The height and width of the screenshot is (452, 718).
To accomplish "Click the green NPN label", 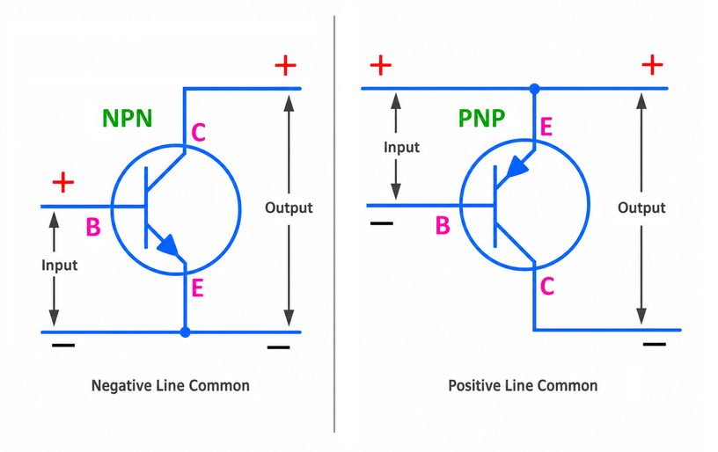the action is tap(127, 118).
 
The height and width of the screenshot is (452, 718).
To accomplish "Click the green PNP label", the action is tap(481, 118).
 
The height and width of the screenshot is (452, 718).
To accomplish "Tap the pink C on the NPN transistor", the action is tap(198, 133).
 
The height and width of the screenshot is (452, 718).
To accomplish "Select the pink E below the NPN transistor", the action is tap(197, 288).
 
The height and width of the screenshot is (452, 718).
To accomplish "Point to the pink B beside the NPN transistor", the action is tap(93, 227).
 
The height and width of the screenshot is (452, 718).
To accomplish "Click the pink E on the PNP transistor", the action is tap(546, 127).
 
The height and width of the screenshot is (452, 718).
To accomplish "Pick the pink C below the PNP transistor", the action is tap(547, 287).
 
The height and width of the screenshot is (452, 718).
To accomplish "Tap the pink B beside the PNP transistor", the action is tap(443, 225).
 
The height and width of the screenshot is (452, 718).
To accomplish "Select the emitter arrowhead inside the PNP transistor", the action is tap(517, 167).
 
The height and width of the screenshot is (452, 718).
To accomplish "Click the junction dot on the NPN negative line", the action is tap(185, 332).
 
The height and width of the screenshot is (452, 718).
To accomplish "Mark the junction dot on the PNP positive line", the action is tap(534, 88).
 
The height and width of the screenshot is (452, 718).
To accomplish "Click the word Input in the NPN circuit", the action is tap(60, 266).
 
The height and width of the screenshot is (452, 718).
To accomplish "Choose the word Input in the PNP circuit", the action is tap(401, 148).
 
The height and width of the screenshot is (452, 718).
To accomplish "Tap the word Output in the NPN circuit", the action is tap(289, 208).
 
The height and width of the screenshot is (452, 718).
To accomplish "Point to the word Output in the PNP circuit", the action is tap(641, 208).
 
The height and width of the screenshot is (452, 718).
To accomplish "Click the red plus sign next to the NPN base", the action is tap(63, 183).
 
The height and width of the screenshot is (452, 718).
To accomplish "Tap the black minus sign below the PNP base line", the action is tap(382, 223).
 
